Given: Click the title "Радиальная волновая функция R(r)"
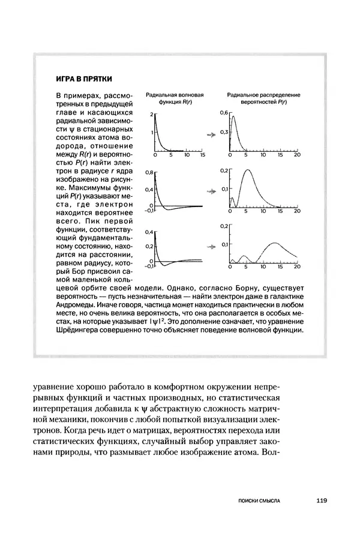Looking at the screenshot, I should (x=175, y=99).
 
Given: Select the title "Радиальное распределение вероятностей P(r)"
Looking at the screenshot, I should (x=263, y=99).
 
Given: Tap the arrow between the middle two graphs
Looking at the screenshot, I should (x=211, y=191).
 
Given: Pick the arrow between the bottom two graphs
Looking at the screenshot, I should (x=211, y=245).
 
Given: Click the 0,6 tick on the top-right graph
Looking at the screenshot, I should (x=223, y=113).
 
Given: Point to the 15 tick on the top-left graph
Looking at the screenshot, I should (x=203, y=155).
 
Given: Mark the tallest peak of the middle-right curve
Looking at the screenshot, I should (x=247, y=171).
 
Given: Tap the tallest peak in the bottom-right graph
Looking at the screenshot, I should (x=274, y=242).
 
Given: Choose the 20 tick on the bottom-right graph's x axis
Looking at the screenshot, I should (x=296, y=266).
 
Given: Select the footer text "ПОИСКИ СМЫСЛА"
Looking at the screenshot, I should (x=260, y=499).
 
